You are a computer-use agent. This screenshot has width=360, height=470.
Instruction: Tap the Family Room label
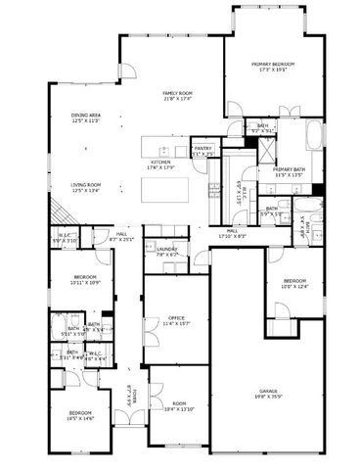coord(177,96)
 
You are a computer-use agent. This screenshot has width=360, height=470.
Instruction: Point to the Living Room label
coord(86,187)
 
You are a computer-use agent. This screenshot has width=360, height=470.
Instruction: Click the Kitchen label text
coord(160,164)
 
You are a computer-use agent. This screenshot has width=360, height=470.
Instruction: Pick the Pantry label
coord(203,152)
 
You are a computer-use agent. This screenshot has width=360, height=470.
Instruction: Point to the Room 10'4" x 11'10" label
coord(178,406)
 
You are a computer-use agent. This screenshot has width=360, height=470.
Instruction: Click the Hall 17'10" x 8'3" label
coord(234,233)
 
